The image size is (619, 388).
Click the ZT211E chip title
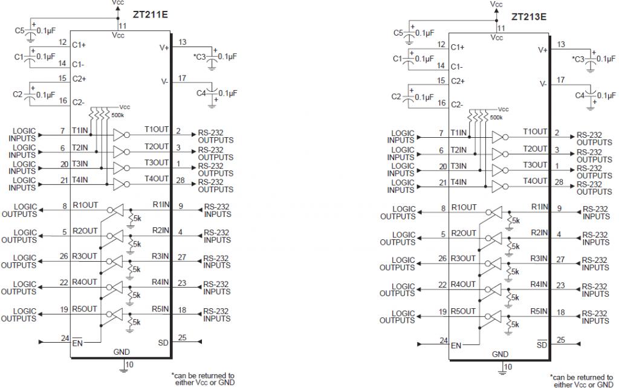click(x=151, y=13)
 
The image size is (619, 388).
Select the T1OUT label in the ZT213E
click(x=535, y=132)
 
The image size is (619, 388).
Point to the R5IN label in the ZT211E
click(x=160, y=309)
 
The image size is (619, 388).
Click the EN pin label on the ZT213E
click(x=456, y=346)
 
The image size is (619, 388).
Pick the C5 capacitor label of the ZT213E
click(x=399, y=33)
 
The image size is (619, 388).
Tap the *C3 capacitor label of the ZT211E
click(x=200, y=57)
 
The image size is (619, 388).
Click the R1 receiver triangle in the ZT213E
click(x=496, y=212)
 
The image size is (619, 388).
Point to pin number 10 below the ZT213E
click(x=508, y=367)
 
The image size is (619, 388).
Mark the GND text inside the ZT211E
click(x=121, y=352)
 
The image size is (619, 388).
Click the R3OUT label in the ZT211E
click(x=84, y=256)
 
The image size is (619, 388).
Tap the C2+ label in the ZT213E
click(x=458, y=80)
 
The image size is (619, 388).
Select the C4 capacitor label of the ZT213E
click(x=580, y=95)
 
